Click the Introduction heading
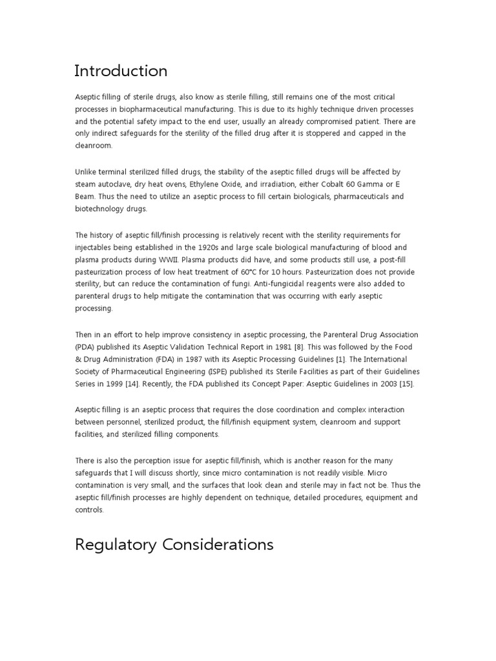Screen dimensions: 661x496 pyautogui.click(x=121, y=70)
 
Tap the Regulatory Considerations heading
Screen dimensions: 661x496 pyautogui.click(x=174, y=544)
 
